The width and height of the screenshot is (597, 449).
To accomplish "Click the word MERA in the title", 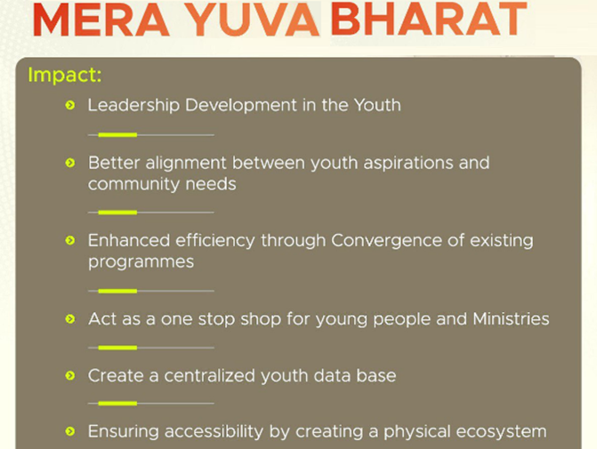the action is [101, 20].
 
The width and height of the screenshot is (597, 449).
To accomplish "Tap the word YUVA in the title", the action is [254, 20].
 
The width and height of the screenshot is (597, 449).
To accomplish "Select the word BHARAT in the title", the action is [429, 20].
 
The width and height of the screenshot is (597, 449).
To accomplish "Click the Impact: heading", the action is [65, 75].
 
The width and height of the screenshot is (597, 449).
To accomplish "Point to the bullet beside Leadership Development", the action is [70, 105].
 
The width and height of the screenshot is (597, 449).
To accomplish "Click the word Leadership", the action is [133, 106].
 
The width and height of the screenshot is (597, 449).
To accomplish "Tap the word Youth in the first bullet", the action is [377, 105].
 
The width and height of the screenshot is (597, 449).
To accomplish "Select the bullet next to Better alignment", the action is [70, 164].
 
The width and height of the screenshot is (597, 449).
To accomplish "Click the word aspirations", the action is [408, 164].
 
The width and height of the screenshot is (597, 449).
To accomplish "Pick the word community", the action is [133, 185].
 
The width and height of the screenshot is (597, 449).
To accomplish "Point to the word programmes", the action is [141, 262].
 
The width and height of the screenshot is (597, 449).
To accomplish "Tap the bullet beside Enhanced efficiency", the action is [70, 240].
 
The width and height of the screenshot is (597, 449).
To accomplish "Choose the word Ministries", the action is [511, 319].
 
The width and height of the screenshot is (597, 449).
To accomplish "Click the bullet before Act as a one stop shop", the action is [70, 319].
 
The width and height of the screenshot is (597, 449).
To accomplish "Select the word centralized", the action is [209, 376].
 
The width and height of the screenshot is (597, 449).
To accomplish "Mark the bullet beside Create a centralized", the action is [70, 376].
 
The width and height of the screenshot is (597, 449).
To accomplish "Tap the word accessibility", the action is [214, 431].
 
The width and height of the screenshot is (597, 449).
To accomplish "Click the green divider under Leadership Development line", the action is [117, 135].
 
